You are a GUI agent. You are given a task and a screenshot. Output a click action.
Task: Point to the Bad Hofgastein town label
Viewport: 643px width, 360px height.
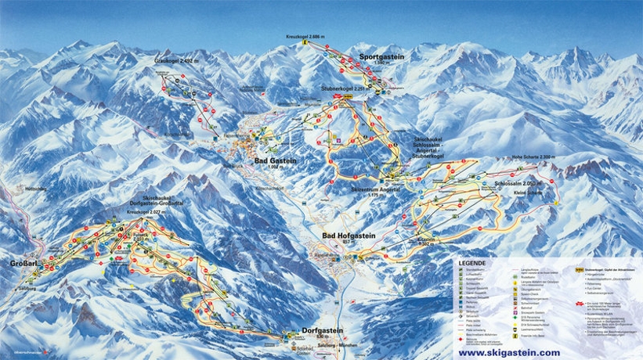(349, 235)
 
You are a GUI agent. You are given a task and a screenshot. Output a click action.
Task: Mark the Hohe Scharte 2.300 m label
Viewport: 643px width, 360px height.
(533, 157)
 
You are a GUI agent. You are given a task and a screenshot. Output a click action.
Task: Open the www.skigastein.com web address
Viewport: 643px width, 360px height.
(509, 352)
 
